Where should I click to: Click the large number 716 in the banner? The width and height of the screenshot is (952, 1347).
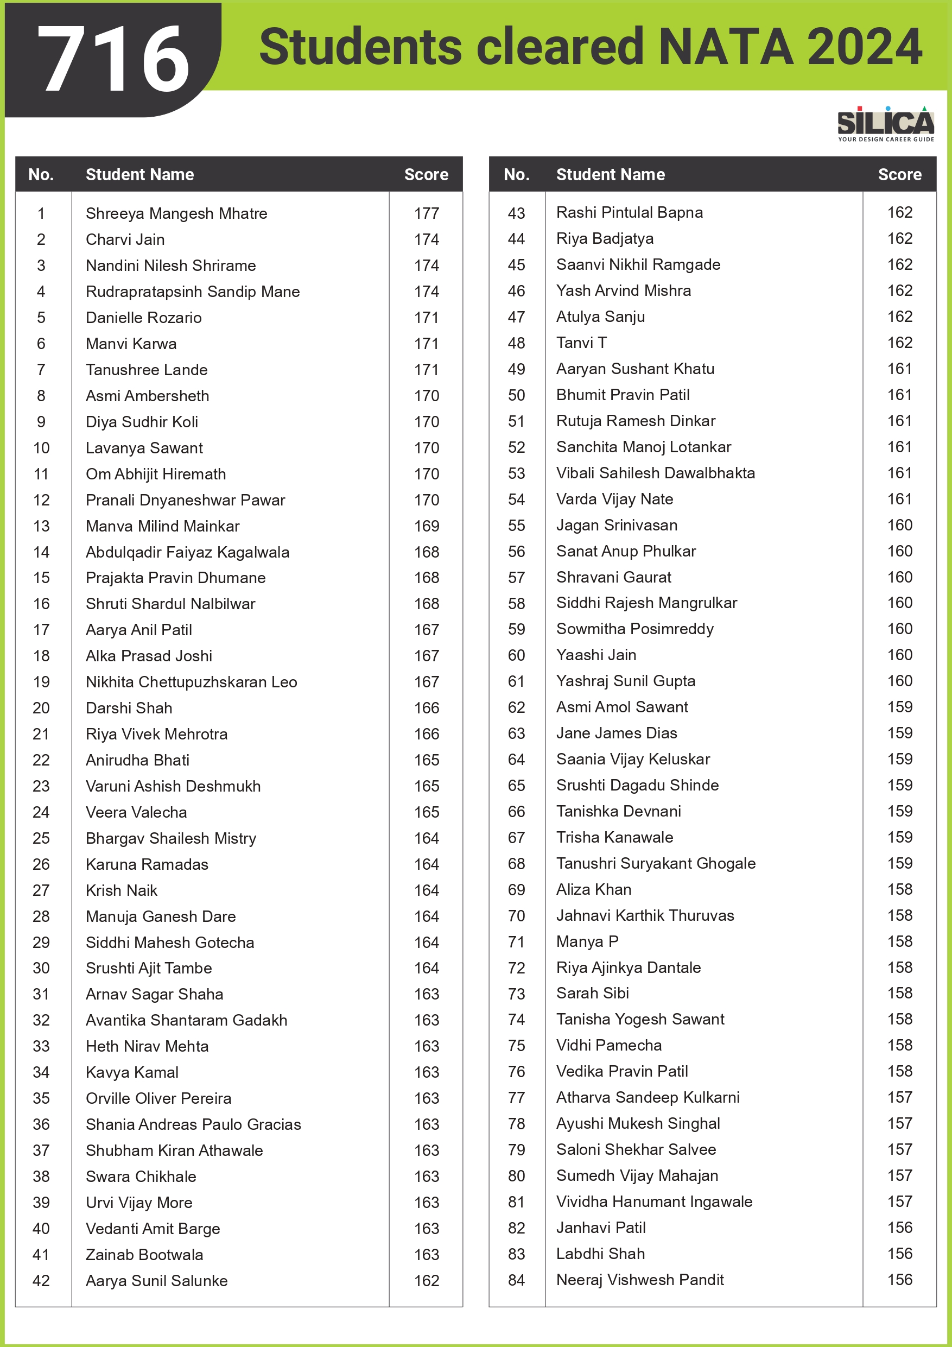pos(113,59)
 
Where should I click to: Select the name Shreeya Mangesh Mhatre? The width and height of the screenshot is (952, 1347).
pos(176,213)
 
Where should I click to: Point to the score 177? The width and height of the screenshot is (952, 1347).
pos(427,213)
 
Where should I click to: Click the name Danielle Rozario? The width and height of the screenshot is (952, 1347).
pos(144,318)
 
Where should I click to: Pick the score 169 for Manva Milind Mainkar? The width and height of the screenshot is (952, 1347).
pos(427,526)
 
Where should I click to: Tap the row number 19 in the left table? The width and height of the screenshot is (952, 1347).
pos(41,682)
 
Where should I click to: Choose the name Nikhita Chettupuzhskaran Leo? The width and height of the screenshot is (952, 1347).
pos(191,682)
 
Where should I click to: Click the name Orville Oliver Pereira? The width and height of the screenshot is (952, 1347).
pos(158,1098)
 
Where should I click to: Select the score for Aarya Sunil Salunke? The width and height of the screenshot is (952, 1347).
pos(427,1281)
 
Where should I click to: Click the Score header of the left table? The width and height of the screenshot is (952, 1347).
pos(426,174)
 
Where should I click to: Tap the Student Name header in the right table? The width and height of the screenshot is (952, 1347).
pos(610,174)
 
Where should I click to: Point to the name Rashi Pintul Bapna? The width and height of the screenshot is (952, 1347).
pos(630,212)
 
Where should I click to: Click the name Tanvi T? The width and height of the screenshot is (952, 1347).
pos(581,343)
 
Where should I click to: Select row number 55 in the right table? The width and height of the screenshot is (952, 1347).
pos(516,525)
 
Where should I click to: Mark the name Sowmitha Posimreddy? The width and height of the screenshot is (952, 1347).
pos(634,629)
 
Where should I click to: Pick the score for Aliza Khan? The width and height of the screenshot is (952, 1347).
pos(900,889)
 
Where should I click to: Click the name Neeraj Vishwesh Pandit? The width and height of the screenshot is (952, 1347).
pos(640,1280)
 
